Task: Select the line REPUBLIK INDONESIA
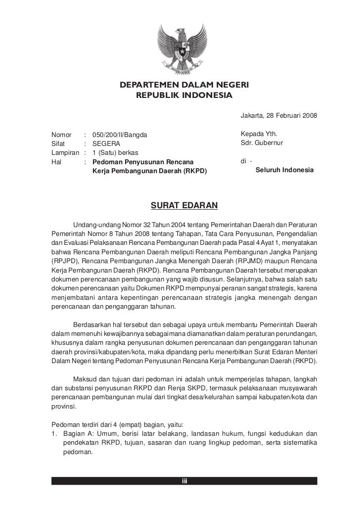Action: (183, 94)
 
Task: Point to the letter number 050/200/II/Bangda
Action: (120, 135)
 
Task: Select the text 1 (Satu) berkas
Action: (116, 152)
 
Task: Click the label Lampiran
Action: (65, 152)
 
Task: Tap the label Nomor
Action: (61, 135)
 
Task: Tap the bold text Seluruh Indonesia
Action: (284, 170)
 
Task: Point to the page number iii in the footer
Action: (184, 482)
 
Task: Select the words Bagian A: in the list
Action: (79, 434)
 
